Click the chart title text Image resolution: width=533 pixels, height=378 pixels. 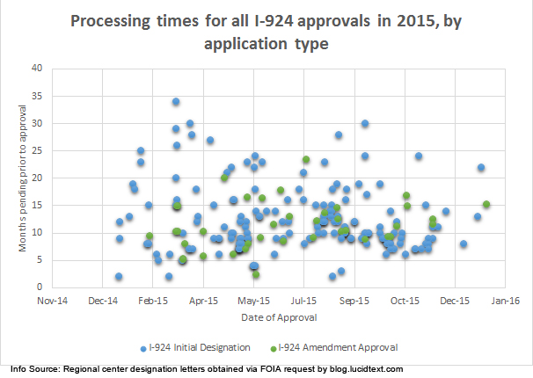tap(266, 32)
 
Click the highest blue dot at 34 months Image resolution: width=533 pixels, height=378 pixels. tap(176, 102)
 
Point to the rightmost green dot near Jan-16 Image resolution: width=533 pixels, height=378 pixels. tap(486, 205)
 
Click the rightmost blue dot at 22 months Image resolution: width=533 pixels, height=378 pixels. tap(481, 167)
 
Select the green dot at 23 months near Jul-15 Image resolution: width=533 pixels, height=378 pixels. tap(306, 160)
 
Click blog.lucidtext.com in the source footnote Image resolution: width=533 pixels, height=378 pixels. tap(360, 369)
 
